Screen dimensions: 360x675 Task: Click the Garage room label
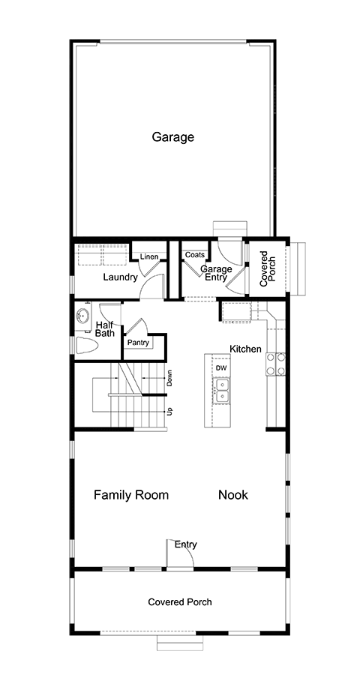(x=172, y=138)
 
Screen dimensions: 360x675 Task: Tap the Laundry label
(x=120, y=277)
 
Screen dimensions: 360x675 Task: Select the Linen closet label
(x=149, y=257)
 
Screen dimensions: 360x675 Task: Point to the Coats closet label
(x=195, y=255)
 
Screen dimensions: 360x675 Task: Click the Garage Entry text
(x=216, y=273)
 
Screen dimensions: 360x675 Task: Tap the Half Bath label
(x=105, y=329)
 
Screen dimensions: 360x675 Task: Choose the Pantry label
(x=138, y=343)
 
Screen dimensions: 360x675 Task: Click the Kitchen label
(x=245, y=349)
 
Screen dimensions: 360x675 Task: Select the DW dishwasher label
(x=221, y=368)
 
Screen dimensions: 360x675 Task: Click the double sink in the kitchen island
(x=222, y=390)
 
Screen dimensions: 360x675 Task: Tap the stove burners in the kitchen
(x=275, y=364)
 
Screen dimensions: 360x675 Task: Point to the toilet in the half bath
(x=87, y=345)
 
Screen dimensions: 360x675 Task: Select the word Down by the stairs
(x=169, y=378)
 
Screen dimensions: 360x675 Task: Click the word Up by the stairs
(x=169, y=412)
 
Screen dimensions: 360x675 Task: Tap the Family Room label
(x=131, y=495)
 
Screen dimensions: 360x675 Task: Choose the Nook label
(x=233, y=495)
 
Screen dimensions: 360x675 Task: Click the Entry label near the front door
(x=185, y=544)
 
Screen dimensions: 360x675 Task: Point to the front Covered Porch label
(x=180, y=601)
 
